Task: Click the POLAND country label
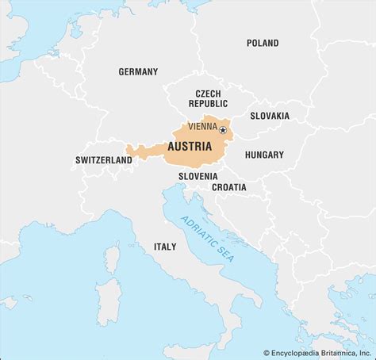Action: click(263, 43)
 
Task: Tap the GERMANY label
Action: click(138, 71)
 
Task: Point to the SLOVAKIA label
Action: click(270, 116)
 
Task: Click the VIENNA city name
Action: click(202, 129)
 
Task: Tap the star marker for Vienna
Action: click(223, 130)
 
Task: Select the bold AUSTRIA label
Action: click(189, 147)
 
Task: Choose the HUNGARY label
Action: click(264, 155)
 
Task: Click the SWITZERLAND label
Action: click(104, 159)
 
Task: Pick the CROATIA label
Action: click(228, 187)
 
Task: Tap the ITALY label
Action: click(165, 247)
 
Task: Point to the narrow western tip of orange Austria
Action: click(129, 147)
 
